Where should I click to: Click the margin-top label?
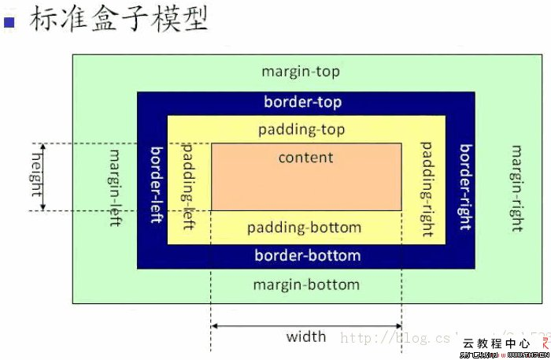[x=301, y=72]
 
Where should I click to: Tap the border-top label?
[x=303, y=102]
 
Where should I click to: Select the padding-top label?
[x=302, y=129]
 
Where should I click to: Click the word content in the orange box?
[x=305, y=157]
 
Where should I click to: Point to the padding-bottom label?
[x=305, y=228]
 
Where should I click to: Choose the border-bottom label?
[x=308, y=256]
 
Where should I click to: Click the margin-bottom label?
[x=306, y=284]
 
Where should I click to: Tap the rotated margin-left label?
[x=115, y=187]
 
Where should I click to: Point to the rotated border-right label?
[x=466, y=187]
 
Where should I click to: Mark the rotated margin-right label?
[x=517, y=187]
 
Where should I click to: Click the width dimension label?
[x=306, y=337]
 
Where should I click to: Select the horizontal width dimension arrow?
[x=306, y=325]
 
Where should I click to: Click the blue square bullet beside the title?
[x=10, y=22]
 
